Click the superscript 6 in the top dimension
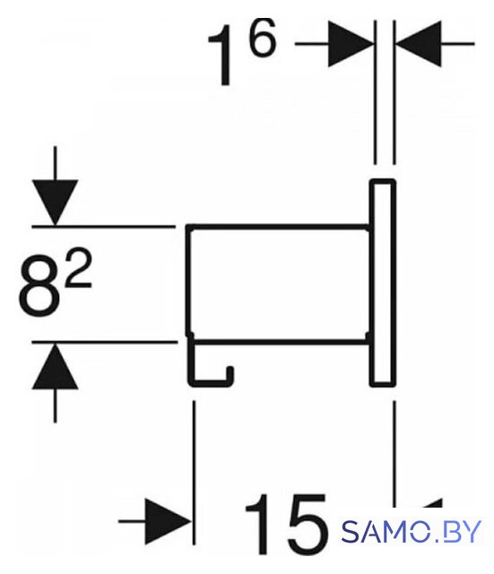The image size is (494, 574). click(262, 38)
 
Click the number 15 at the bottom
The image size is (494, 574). click(285, 526)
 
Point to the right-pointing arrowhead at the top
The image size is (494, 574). click(351, 44)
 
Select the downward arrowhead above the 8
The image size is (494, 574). click(55, 202)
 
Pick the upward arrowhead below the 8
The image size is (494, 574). click(55, 366)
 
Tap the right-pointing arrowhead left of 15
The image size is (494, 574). click(169, 521)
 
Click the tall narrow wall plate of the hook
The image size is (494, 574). click(383, 283)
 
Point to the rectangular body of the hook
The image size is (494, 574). click(278, 284)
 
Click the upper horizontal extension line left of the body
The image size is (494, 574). click(103, 227)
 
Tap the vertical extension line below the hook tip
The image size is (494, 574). click(194, 473)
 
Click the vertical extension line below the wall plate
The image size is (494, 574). click(394, 453)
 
